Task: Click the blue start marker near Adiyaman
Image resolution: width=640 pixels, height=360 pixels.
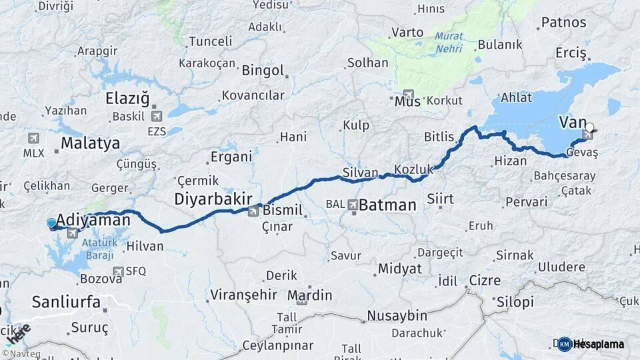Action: tap(51, 224)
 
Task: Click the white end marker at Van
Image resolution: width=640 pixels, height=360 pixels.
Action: tap(589, 127)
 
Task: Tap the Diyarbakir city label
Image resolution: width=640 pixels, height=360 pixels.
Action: tap(213, 198)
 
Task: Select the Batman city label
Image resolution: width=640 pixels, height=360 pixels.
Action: tap(387, 205)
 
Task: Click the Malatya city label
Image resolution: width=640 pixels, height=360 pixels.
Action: tap(90, 143)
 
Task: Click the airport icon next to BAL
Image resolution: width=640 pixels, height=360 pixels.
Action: tap(352, 205)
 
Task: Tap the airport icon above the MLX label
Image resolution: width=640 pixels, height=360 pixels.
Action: tap(33, 138)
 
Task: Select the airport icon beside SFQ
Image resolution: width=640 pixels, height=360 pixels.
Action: tap(118, 271)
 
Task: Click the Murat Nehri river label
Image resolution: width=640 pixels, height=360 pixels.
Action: tap(449, 43)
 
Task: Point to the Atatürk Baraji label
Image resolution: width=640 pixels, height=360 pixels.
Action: tap(100, 248)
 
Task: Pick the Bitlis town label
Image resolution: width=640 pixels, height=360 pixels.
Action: tap(439, 137)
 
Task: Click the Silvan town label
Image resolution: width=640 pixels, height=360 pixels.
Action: tap(360, 172)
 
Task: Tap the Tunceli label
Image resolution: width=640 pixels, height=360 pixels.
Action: tap(211, 41)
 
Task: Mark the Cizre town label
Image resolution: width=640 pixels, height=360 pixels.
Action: tap(484, 281)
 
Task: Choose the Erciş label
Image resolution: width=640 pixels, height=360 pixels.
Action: tap(570, 52)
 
